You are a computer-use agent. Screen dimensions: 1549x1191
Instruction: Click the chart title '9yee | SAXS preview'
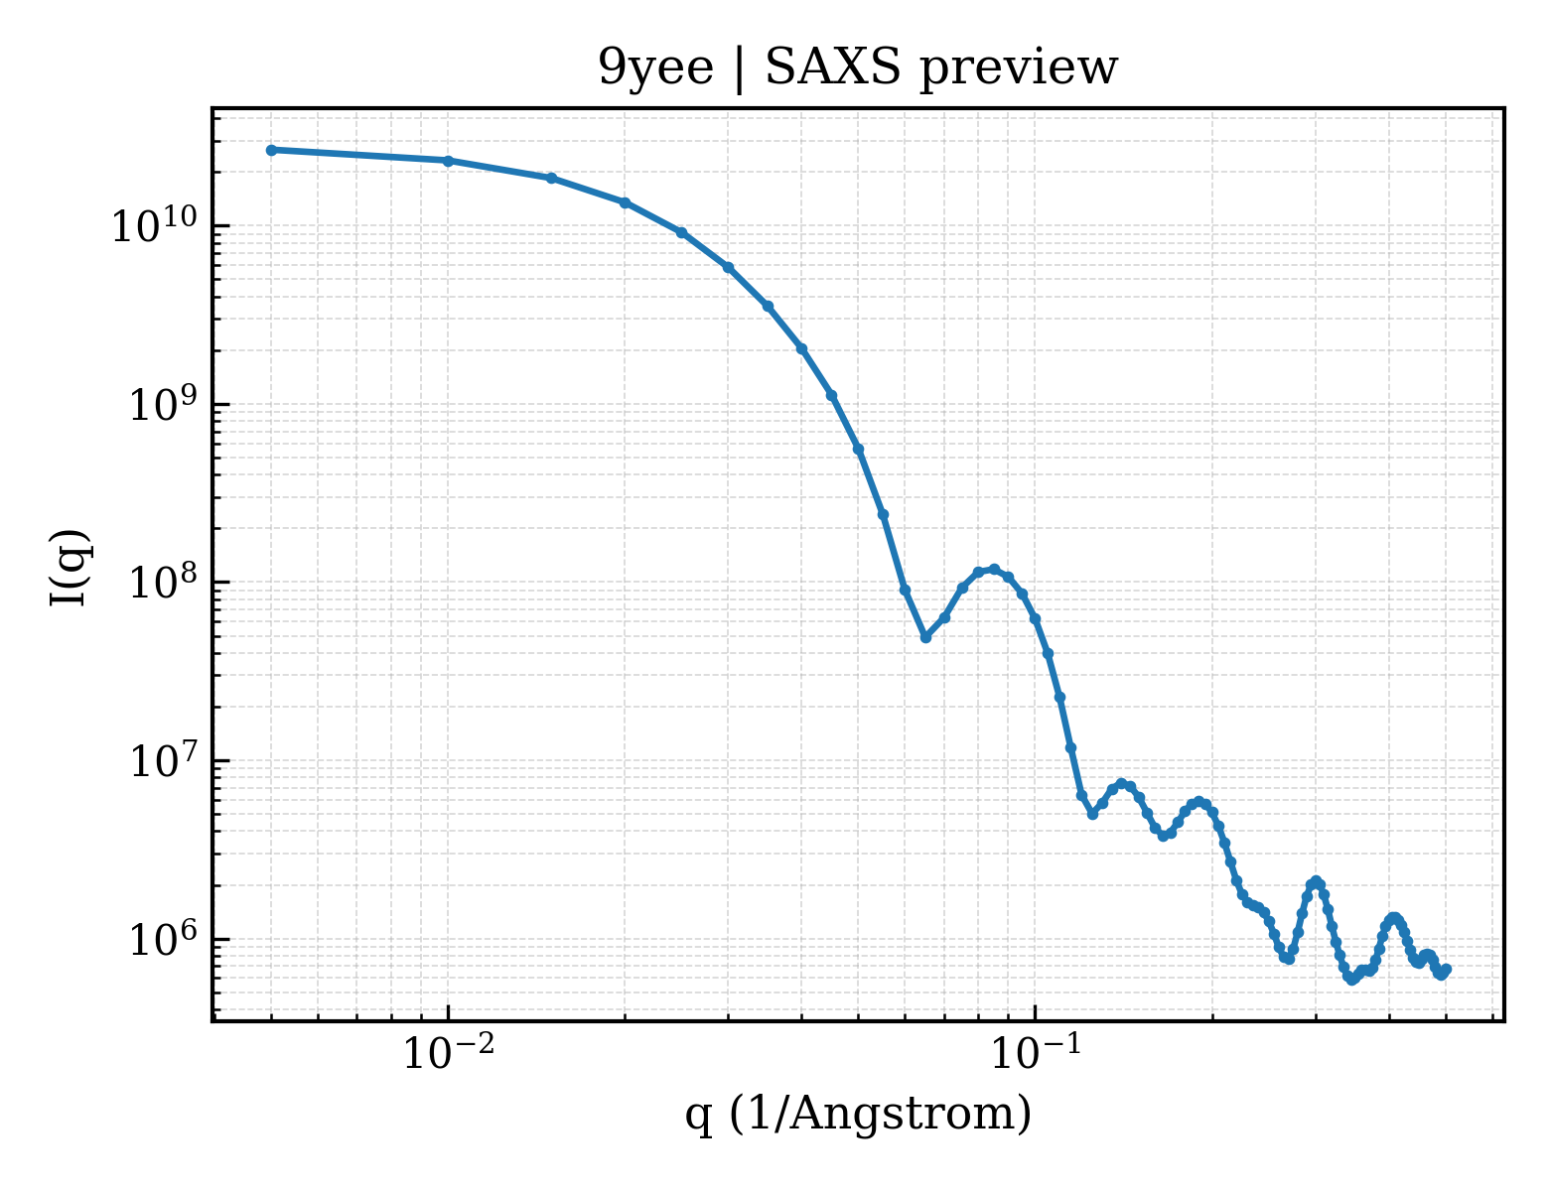[857, 68]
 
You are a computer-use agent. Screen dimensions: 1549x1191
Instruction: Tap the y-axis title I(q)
[70, 567]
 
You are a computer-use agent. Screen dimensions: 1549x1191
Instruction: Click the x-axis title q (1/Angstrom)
[858, 1114]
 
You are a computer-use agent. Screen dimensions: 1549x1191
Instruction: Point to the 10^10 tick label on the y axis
[154, 225]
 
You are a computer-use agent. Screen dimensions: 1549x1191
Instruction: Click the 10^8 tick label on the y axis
[163, 582]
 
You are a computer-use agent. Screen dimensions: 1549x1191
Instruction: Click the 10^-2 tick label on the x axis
[448, 1051]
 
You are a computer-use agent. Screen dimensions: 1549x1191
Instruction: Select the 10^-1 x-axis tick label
[1036, 1051]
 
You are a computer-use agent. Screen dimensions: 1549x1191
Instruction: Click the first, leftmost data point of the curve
[272, 150]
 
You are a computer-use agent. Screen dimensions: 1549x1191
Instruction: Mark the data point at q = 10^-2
[448, 161]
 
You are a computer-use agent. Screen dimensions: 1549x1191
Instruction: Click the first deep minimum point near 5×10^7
[925, 637]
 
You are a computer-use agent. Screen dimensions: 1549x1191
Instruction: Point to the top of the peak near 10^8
[994, 569]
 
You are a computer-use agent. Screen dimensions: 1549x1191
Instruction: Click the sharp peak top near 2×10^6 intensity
[1317, 882]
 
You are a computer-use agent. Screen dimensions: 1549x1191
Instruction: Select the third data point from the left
[551, 178]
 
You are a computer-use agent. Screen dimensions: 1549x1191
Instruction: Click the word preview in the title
[1019, 69]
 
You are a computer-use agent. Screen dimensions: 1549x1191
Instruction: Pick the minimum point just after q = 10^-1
[1092, 814]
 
